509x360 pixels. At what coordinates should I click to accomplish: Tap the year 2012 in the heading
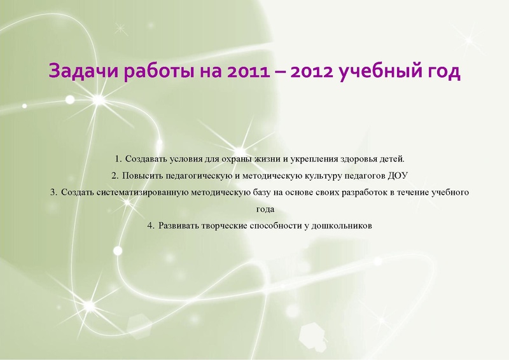[312, 71]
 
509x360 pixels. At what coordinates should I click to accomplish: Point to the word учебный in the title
[380, 71]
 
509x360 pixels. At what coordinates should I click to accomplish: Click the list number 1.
[118, 157]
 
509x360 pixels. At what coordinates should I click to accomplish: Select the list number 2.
[114, 174]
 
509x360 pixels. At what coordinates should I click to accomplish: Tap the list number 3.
[53, 191]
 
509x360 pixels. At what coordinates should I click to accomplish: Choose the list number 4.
[150, 226]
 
